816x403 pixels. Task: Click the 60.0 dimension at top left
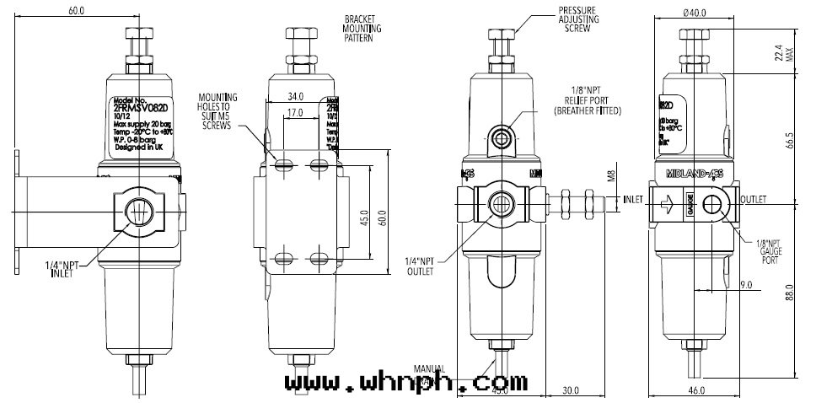[78, 11]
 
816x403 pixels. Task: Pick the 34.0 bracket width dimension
[294, 95]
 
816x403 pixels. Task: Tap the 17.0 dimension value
[294, 112]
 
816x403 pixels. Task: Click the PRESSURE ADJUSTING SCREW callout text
[576, 18]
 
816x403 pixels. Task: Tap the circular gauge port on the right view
[714, 203]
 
